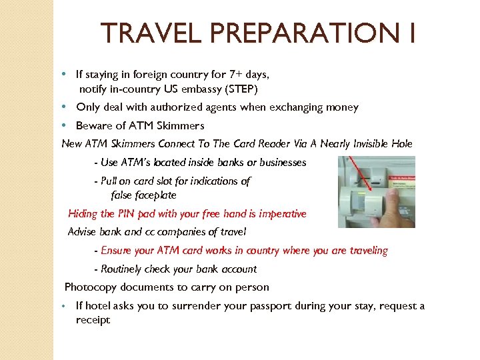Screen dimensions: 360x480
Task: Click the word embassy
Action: pyautogui.click(x=202, y=89)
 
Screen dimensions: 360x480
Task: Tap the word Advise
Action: pyautogui.click(x=84, y=232)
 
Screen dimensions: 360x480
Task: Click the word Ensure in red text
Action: pyautogui.click(x=116, y=251)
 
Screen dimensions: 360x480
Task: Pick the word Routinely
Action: pyautogui.click(x=126, y=269)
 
